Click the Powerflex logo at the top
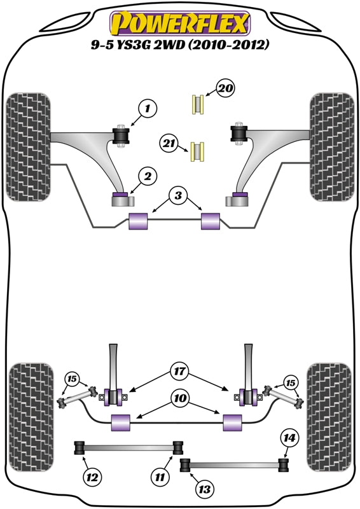(x=179, y=24)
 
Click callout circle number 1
(x=146, y=109)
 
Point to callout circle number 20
(x=225, y=89)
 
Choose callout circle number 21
(x=168, y=145)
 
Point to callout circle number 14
(x=289, y=438)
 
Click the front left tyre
(x=29, y=146)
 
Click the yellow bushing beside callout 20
(x=198, y=104)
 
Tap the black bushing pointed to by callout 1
(x=121, y=136)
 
